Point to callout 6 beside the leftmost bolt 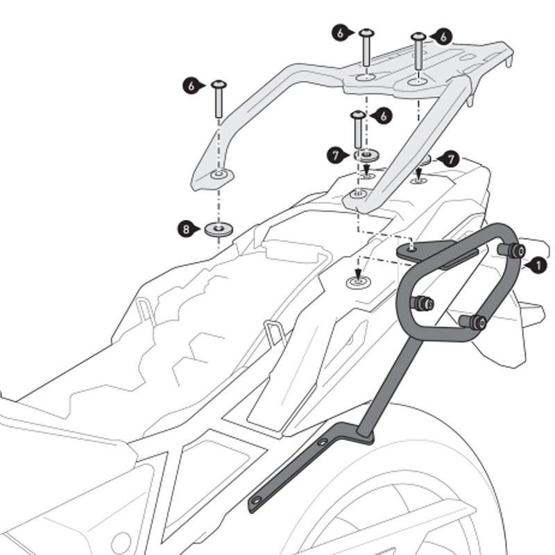click(191, 85)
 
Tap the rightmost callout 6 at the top click(443, 36)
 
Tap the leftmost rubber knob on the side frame click(422, 303)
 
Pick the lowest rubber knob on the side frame click(475, 321)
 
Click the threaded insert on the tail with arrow click(358, 282)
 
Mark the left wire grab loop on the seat click(145, 310)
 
